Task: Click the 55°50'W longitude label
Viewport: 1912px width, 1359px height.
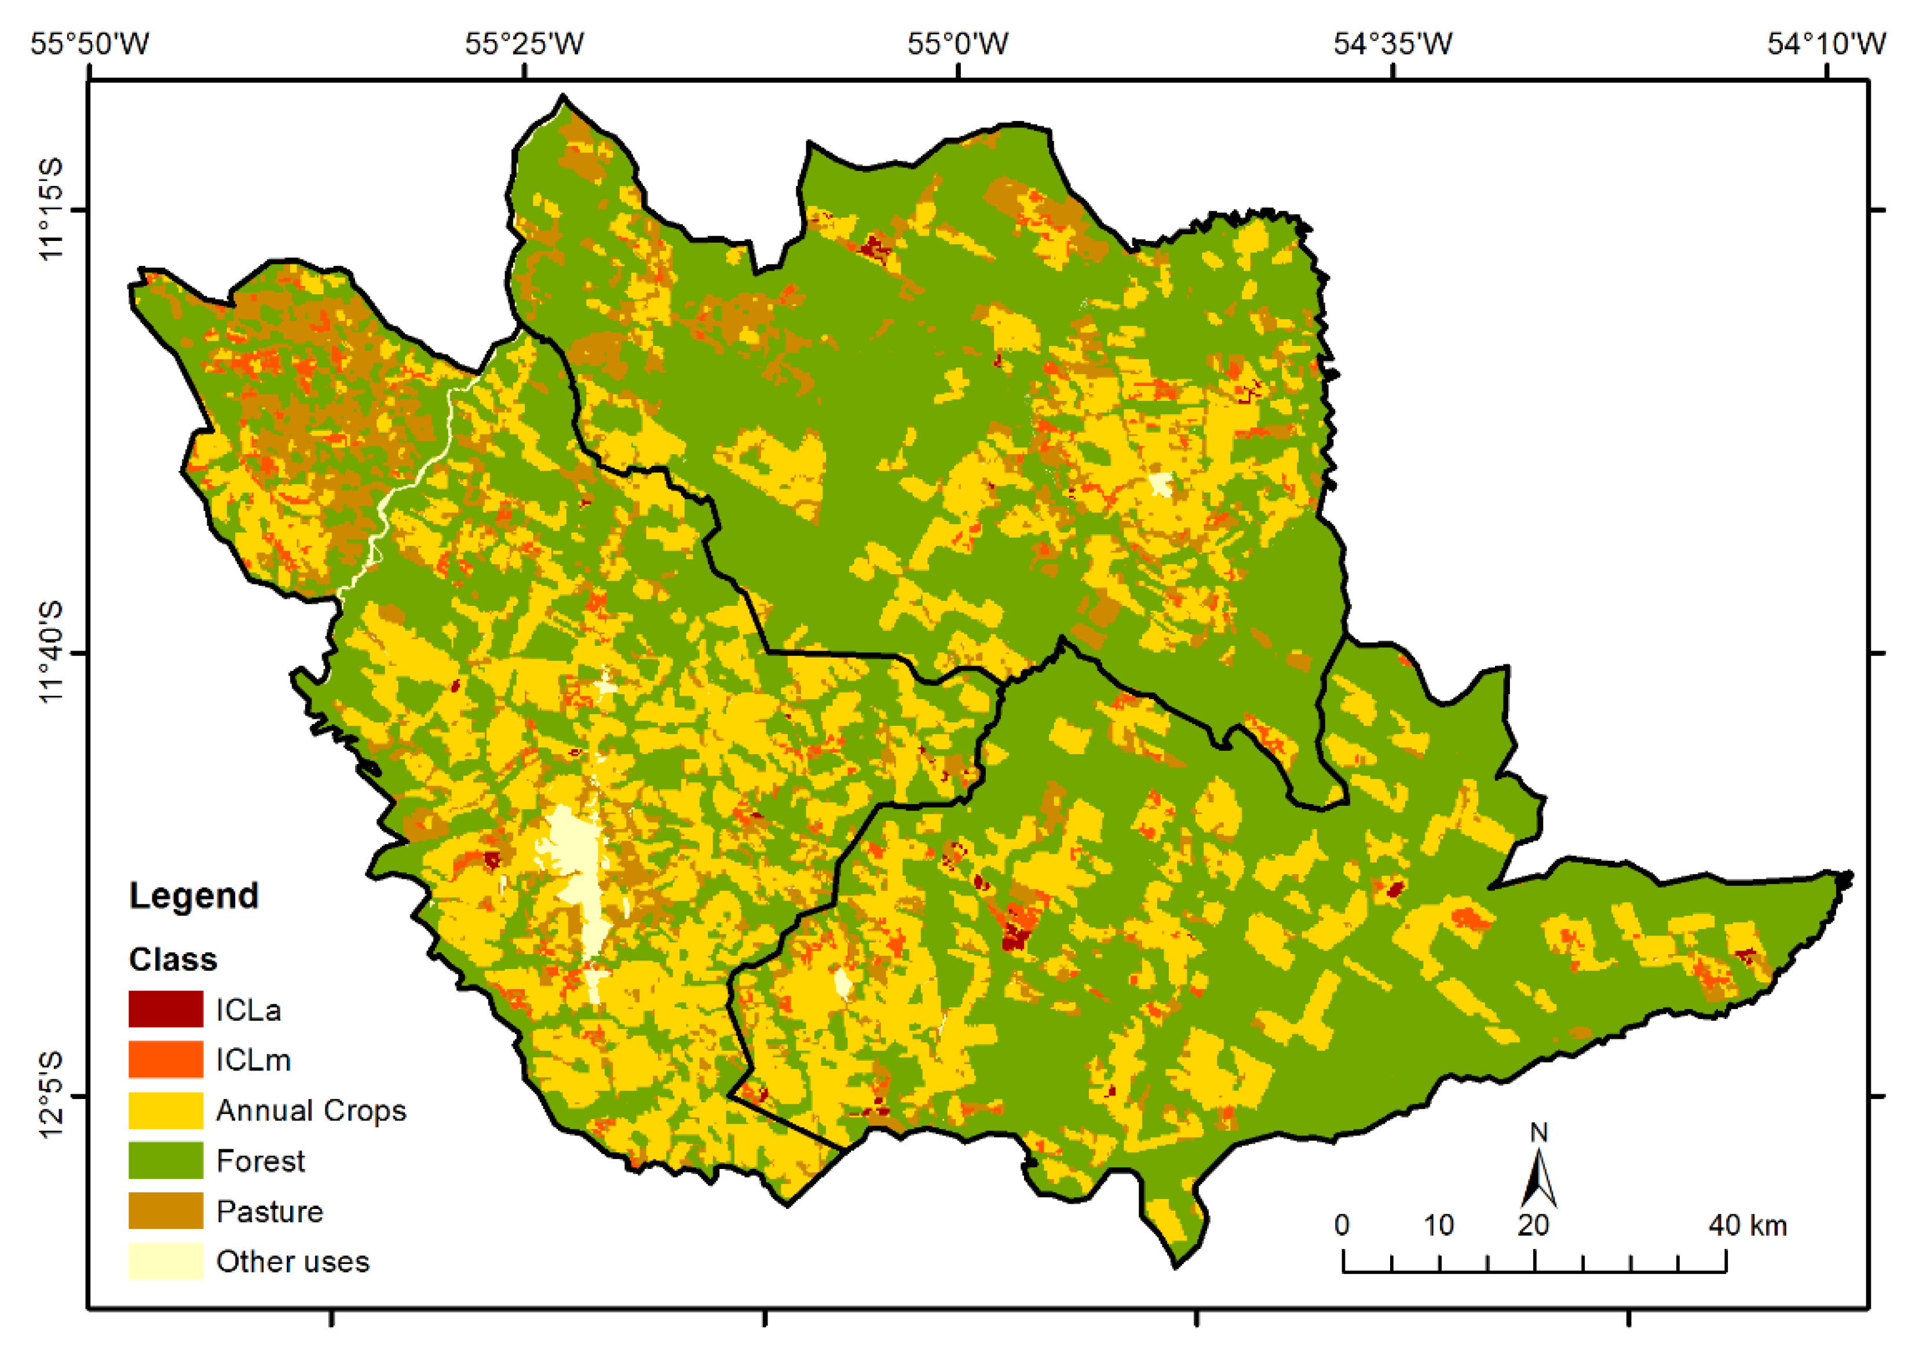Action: [x=90, y=43]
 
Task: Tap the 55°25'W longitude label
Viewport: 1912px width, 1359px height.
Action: [x=525, y=43]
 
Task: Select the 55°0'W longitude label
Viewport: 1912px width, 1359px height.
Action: [x=958, y=43]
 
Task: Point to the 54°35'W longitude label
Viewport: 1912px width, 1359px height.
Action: [x=1392, y=43]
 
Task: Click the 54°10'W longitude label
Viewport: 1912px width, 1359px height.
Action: [x=1827, y=43]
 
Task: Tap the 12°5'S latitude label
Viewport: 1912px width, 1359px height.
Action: [x=52, y=1095]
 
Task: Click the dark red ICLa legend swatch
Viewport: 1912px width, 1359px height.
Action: [x=166, y=1009]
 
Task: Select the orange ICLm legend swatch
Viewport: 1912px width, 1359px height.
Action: [x=166, y=1060]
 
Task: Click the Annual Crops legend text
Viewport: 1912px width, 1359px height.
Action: [x=310, y=1110]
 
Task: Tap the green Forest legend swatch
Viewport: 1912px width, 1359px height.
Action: [x=166, y=1161]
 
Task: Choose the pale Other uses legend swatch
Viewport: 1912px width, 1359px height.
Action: [x=166, y=1261]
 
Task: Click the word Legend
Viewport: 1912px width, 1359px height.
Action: [x=194, y=896]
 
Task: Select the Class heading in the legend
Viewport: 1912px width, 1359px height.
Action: [x=173, y=959]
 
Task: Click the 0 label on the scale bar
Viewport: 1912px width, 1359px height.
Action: [x=1342, y=1226]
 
